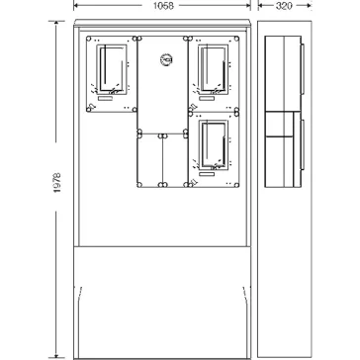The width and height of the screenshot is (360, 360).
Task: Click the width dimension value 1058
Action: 163,6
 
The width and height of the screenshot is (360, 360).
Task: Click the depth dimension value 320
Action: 284,6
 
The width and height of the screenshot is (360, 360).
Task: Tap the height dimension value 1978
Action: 57,182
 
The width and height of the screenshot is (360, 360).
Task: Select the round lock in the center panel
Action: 167,59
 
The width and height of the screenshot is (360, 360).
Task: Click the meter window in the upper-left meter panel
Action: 112,69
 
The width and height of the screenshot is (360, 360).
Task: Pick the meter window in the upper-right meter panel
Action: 213,69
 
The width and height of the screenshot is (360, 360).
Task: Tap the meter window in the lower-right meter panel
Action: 213,145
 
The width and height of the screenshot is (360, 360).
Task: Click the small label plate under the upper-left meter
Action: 106,99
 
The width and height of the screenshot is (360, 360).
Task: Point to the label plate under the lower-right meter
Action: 207,174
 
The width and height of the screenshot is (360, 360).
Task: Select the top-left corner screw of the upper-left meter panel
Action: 88,39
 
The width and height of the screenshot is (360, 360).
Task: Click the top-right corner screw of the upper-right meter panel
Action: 236,39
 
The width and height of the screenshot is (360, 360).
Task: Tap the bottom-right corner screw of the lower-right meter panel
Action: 236,185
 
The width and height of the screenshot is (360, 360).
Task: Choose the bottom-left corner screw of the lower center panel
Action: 139,185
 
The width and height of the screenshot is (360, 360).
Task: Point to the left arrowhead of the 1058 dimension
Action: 76,5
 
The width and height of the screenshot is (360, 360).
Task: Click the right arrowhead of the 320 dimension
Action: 309,5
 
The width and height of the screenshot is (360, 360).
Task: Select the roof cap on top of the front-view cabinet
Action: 162,23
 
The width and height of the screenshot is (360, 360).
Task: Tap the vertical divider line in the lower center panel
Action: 162,160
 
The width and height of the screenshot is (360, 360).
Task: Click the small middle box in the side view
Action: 279,125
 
